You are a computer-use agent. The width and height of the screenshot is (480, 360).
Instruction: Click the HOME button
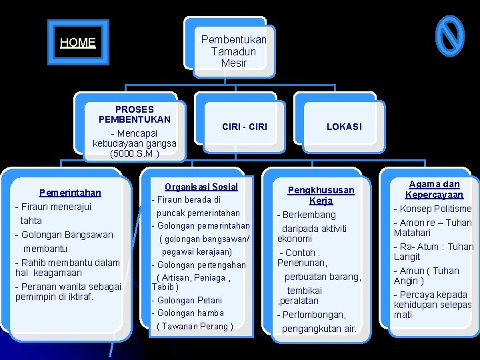(78, 43)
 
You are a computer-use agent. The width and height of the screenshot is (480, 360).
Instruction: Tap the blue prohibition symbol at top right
(449, 36)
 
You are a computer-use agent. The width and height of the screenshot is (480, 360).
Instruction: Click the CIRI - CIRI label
(244, 127)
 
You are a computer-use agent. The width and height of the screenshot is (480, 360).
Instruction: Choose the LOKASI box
(344, 127)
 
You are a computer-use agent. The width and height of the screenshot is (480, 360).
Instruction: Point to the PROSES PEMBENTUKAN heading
(134, 114)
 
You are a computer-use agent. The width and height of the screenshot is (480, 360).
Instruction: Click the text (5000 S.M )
(134, 154)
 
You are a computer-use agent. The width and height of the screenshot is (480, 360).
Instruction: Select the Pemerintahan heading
(70, 193)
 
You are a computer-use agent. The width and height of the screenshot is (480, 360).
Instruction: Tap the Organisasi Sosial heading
(201, 187)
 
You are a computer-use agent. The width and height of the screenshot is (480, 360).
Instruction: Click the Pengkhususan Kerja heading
(321, 195)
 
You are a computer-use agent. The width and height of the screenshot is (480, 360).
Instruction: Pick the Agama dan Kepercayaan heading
(434, 189)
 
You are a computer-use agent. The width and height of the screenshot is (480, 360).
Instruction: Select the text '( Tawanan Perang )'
(195, 326)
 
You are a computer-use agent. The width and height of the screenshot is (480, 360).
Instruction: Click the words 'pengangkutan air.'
(319, 329)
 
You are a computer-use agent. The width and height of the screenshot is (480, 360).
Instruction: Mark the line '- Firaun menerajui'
(53, 207)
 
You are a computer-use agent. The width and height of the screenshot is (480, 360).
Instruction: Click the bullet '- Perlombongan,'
(311, 315)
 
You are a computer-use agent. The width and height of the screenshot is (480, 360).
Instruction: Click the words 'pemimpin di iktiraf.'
(55, 297)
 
